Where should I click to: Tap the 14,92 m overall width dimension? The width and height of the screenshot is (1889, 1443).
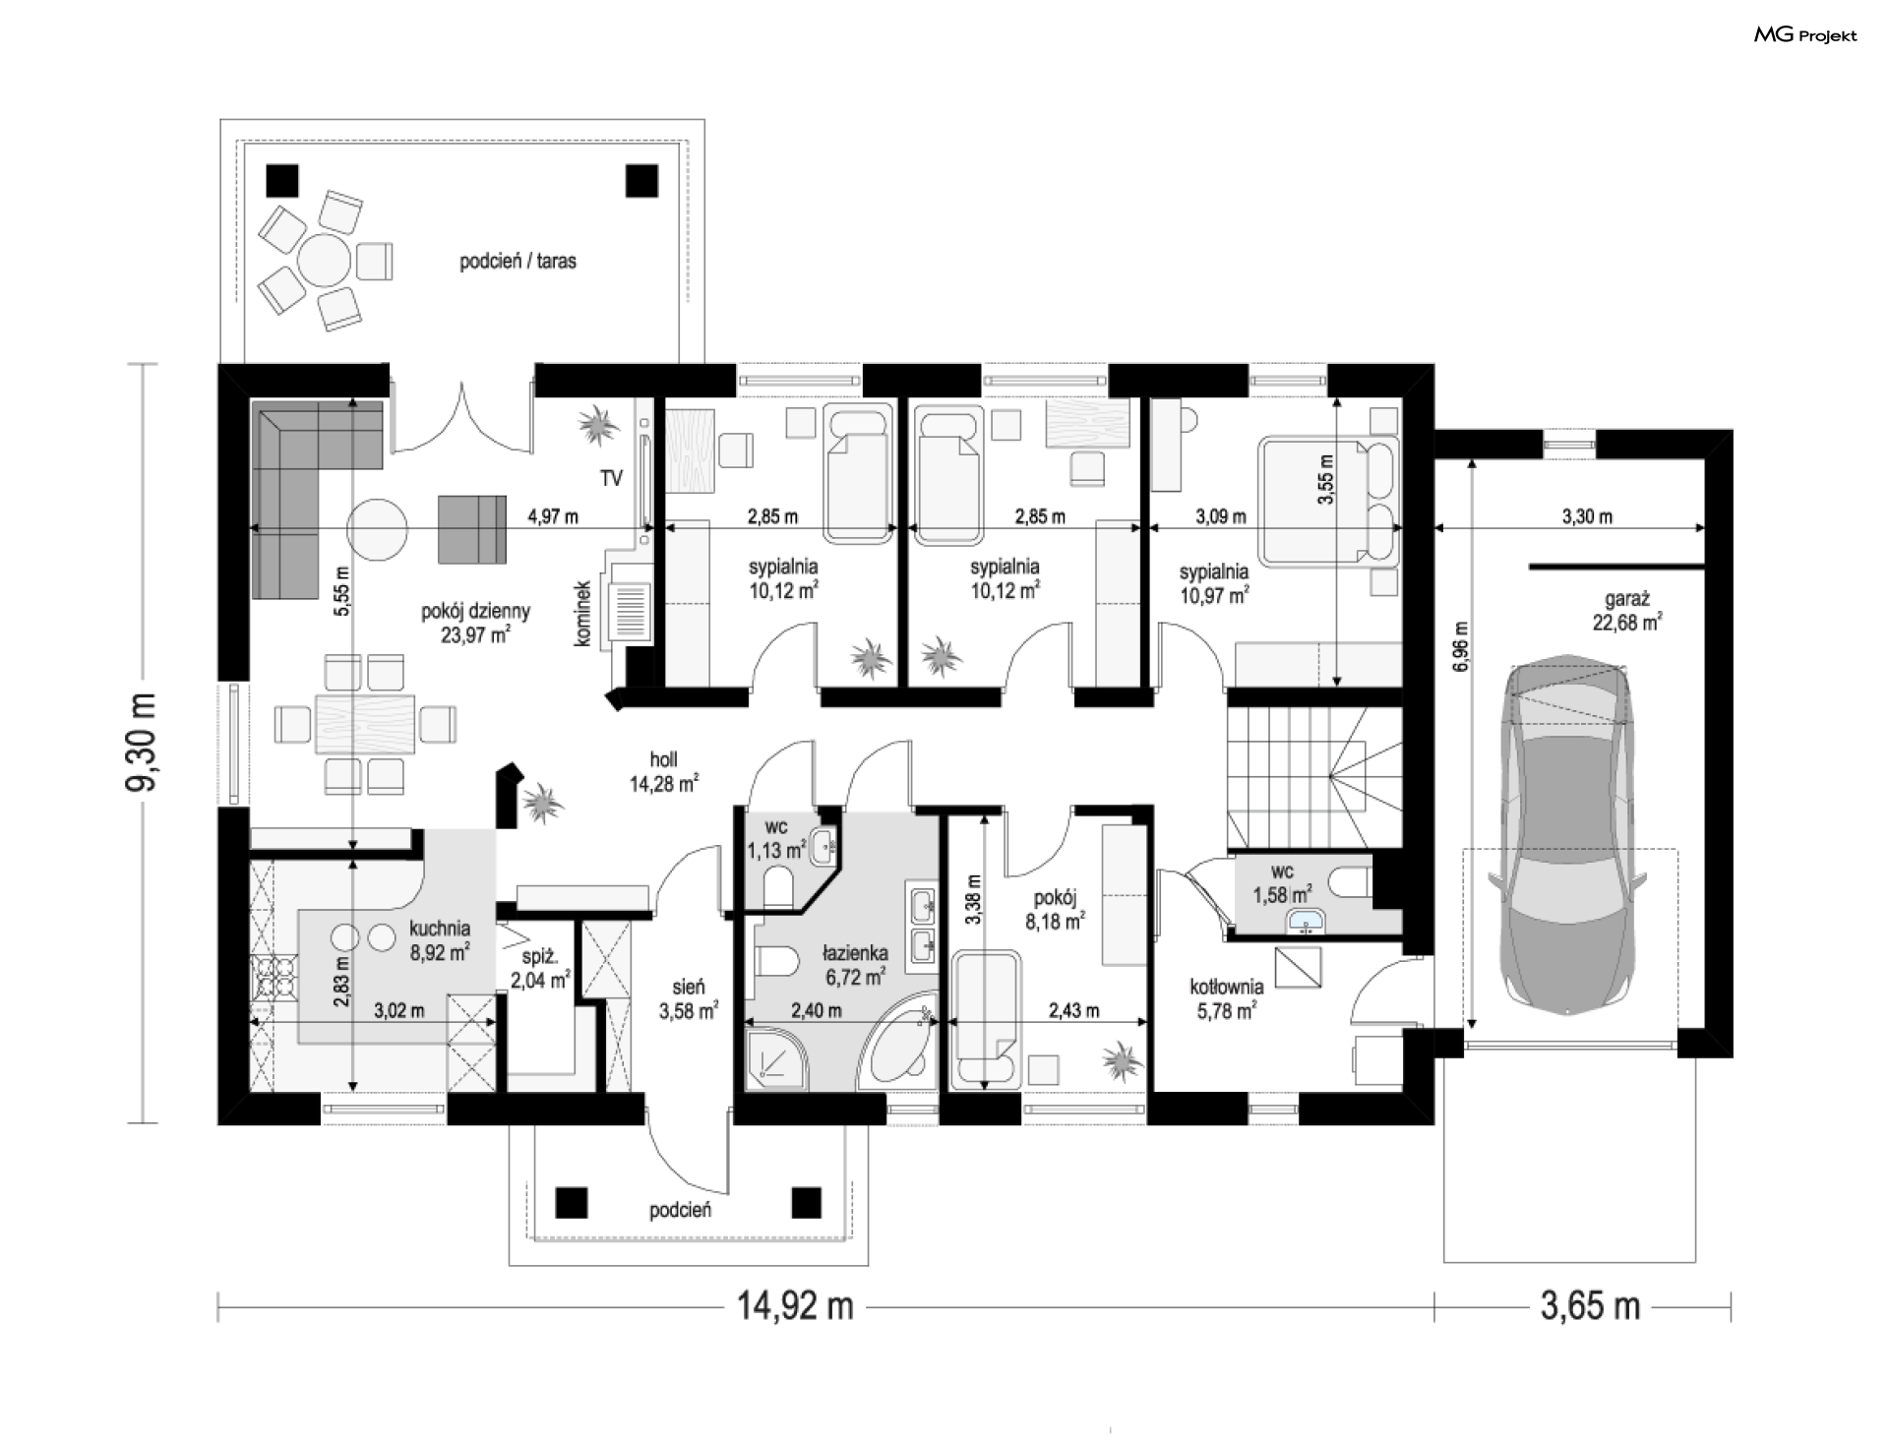(795, 1306)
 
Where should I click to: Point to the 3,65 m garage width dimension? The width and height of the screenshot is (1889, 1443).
(1590, 1306)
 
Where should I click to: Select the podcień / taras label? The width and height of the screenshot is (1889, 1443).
(518, 262)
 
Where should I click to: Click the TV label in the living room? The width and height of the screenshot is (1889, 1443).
(611, 479)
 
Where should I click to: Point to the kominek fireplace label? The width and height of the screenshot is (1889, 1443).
(582, 614)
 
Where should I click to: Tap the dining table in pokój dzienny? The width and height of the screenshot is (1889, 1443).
(364, 725)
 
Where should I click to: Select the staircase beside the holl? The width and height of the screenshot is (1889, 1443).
(1313, 778)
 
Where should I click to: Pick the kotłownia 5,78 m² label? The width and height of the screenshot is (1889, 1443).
(1226, 998)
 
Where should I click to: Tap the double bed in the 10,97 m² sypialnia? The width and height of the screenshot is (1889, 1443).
(1329, 503)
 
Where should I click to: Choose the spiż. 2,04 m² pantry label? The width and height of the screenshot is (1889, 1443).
(539, 968)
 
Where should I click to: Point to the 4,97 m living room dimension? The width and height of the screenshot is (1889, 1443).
(553, 515)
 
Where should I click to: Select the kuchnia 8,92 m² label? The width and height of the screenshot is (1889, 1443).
(440, 939)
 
